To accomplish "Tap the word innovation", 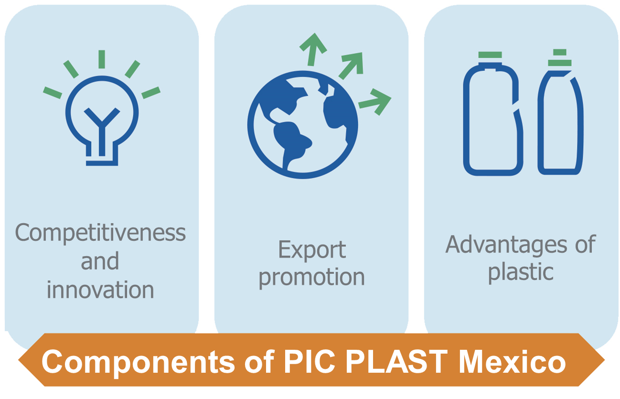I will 100,290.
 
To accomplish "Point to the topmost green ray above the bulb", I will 102,59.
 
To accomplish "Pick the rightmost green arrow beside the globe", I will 376,101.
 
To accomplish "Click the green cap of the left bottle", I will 490,55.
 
